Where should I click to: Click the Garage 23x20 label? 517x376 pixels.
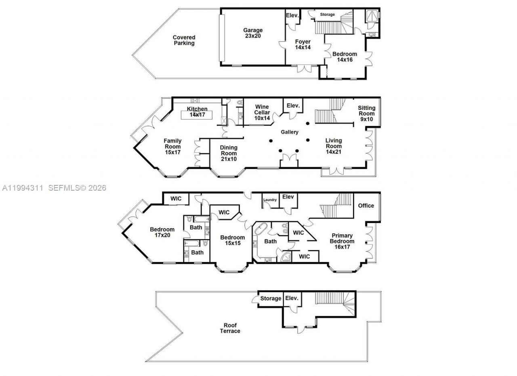point(253,33)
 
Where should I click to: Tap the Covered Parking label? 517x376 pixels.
point(184,40)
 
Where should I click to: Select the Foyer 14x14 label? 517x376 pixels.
point(303,44)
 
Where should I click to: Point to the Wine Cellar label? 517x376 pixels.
point(262,113)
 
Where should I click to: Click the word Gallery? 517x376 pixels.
point(290,132)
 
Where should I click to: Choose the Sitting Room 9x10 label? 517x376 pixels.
point(366,113)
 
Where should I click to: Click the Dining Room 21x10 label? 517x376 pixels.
point(228,153)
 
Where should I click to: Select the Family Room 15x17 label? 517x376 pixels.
point(172,147)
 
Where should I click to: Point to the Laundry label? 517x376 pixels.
point(270,200)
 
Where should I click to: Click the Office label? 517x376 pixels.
point(366,206)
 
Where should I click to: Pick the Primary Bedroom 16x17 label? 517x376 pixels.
point(342,241)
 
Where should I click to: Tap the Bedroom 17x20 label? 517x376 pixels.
point(162,233)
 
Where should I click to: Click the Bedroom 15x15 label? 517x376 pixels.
point(232,240)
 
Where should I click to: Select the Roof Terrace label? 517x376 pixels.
point(230,328)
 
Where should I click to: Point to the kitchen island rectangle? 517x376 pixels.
point(197,114)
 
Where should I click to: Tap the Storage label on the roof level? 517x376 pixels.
point(270,298)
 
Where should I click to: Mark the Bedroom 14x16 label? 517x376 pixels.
point(345,57)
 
